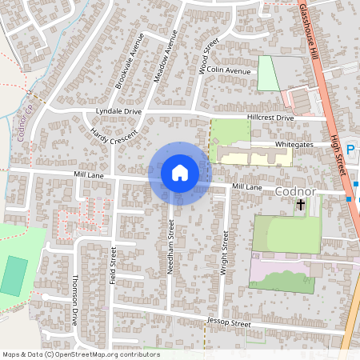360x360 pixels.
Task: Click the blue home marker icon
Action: click(x=180, y=172)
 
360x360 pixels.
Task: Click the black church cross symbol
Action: click(x=301, y=206)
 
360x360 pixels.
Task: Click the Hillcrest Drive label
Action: click(x=270, y=118)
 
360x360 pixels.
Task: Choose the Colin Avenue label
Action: click(x=229, y=70)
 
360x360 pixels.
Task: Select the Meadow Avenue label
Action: click(x=164, y=67)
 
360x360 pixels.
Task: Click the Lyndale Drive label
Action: click(x=118, y=111)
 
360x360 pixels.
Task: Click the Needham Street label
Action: click(x=170, y=247)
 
